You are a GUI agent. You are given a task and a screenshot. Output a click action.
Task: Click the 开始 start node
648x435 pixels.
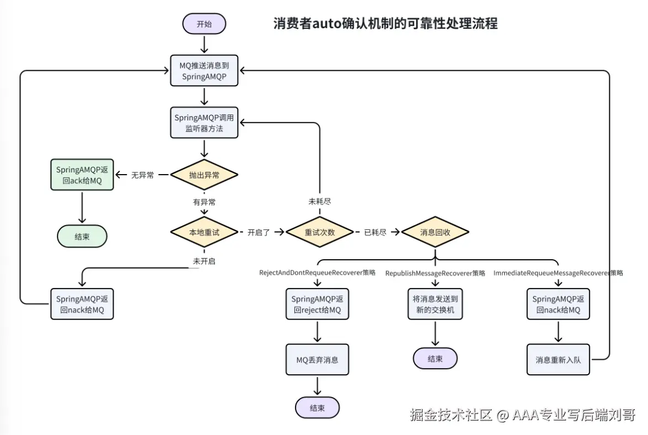pos(204,24)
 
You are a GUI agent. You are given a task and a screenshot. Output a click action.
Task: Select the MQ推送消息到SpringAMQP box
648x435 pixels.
pos(204,71)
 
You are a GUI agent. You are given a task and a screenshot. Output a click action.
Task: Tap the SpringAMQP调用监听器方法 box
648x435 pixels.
pos(204,123)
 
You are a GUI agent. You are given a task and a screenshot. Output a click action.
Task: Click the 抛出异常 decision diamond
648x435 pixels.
pos(204,175)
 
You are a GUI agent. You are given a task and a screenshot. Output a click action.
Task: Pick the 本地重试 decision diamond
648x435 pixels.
pos(204,232)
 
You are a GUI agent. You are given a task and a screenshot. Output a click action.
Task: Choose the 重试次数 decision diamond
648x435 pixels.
pos(319,232)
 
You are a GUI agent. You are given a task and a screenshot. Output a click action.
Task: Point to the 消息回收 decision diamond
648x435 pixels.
pos(435,232)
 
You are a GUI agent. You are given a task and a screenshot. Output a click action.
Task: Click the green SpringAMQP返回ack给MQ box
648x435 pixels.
pos(82,175)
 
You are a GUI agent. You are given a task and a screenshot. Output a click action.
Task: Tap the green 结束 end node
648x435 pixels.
pos(82,237)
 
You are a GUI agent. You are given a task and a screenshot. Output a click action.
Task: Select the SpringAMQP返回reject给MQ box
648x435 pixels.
pos(318,304)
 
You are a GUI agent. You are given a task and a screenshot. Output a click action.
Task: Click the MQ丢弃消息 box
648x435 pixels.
pos(318,360)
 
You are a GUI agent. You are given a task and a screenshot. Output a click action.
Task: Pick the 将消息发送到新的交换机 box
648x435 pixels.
pos(435,304)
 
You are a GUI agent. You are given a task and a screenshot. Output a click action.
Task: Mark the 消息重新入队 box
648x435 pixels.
pos(559,360)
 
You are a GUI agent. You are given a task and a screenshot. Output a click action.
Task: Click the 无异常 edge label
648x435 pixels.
pos(143,175)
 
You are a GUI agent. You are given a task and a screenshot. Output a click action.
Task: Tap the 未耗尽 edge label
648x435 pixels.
pos(319,201)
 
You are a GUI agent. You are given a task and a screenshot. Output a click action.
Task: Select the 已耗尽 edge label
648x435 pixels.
pos(375,232)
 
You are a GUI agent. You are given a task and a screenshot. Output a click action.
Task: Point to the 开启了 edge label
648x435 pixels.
pos(259,232)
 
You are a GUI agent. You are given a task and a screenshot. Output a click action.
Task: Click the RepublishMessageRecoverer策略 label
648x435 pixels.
pos(435,273)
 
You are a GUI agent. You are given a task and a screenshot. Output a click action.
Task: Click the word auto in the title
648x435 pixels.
pos(327,24)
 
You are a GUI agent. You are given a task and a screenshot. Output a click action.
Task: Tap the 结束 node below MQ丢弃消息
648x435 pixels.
pos(318,408)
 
